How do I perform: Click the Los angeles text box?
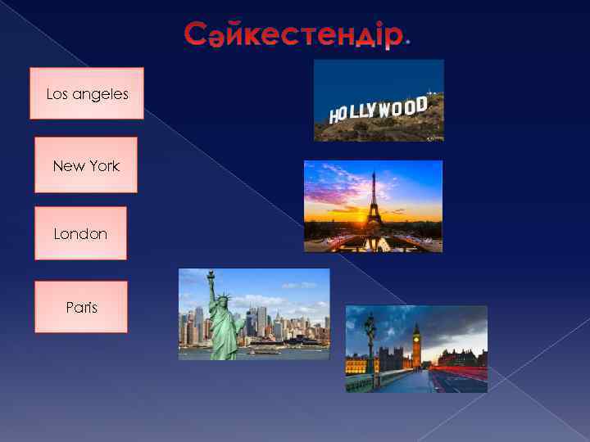coord(87,94)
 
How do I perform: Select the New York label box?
coord(86,165)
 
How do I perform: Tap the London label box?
coord(80,233)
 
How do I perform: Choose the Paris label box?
coord(81,308)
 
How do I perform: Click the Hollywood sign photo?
coord(379,101)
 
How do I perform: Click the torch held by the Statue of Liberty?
coord(210,275)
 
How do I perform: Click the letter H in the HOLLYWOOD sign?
coord(334,117)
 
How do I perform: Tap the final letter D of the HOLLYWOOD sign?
coord(421,104)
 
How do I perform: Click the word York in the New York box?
coord(103,166)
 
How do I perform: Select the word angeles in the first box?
coord(99,94)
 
